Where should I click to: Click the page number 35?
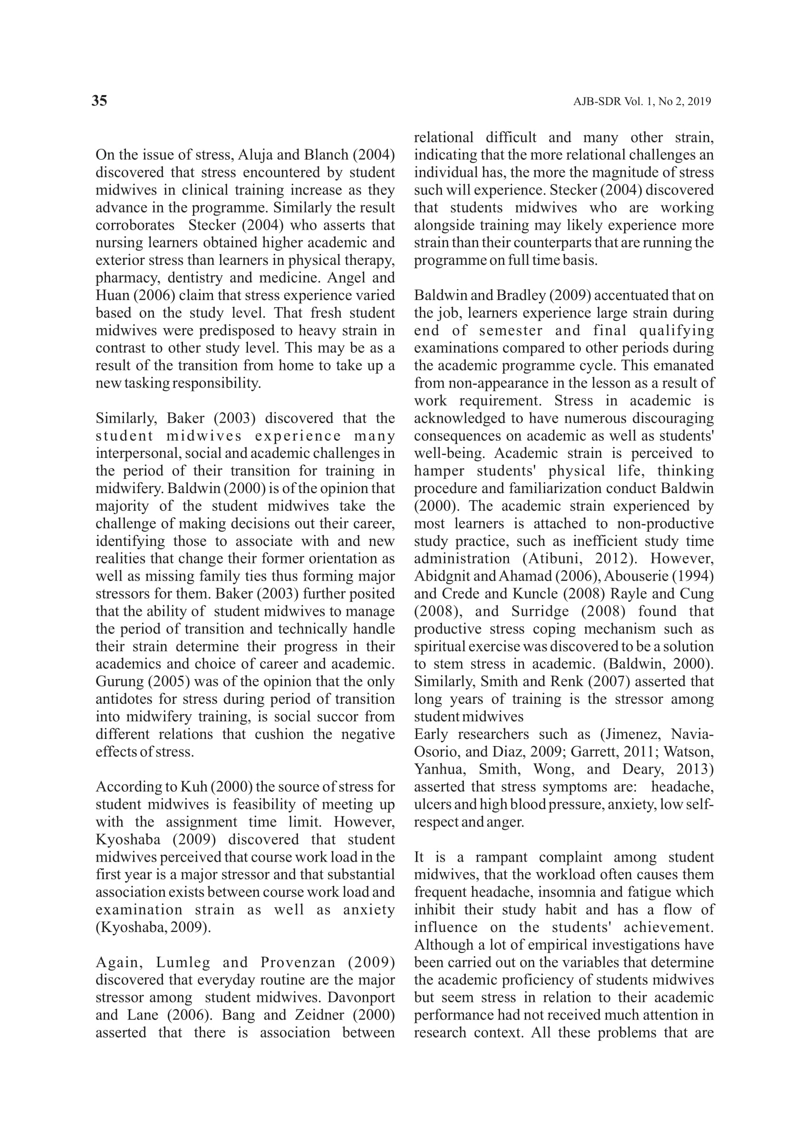(99, 101)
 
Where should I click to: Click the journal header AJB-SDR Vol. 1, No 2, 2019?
(641, 102)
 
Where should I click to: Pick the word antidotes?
(125, 699)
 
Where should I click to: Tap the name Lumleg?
(183, 962)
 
